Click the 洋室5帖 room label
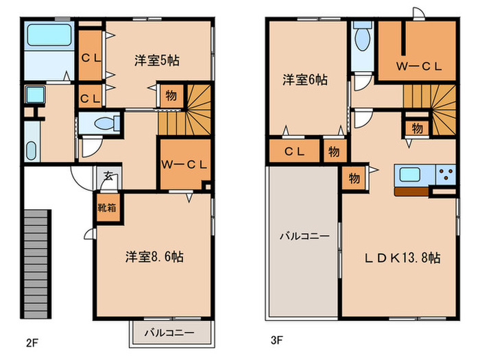157,60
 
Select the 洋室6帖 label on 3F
304,80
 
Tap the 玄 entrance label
108,176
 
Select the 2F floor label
32,341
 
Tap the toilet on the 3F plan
363,38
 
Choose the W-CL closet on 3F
418,66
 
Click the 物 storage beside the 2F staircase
169,95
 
